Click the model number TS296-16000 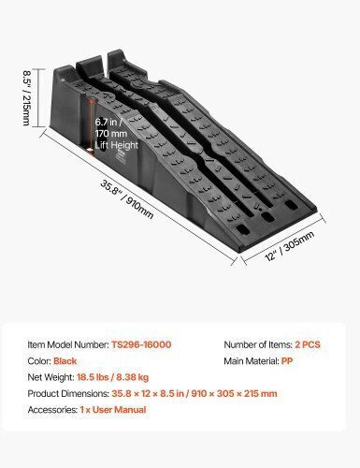141,344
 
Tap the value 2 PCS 308,344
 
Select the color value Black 65,361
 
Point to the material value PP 287,361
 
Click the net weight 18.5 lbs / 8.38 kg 113,377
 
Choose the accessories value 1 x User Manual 113,410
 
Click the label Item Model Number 68,344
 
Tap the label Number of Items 258,344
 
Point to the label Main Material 252,361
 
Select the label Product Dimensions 68,393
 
